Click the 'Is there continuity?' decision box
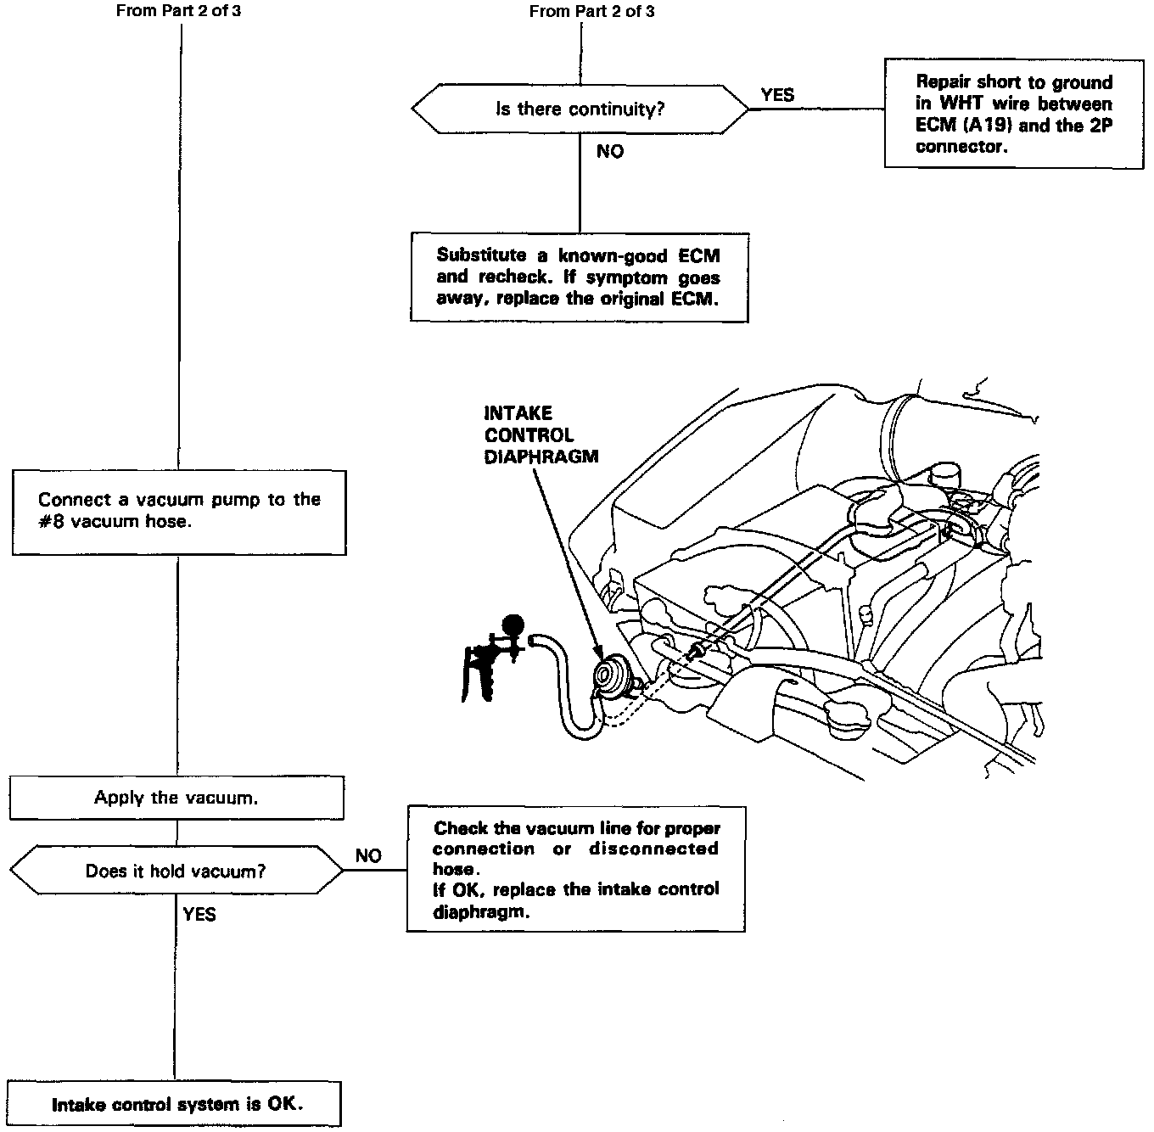(x=580, y=109)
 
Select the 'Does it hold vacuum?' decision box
(x=176, y=871)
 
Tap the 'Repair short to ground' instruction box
(x=1013, y=114)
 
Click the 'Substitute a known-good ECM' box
(x=579, y=277)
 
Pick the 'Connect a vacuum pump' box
(x=179, y=512)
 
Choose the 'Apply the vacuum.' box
(x=176, y=798)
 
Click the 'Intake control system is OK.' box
(x=176, y=1104)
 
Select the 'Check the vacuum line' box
(x=575, y=870)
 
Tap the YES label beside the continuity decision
(x=777, y=95)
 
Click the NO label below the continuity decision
(x=609, y=152)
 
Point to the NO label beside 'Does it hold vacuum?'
(x=368, y=856)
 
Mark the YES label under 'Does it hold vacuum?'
(x=199, y=915)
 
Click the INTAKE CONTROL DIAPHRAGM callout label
(x=541, y=434)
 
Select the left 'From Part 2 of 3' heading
(x=178, y=12)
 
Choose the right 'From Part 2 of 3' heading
(x=591, y=12)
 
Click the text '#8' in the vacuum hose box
(x=52, y=522)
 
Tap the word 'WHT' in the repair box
(x=960, y=104)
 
